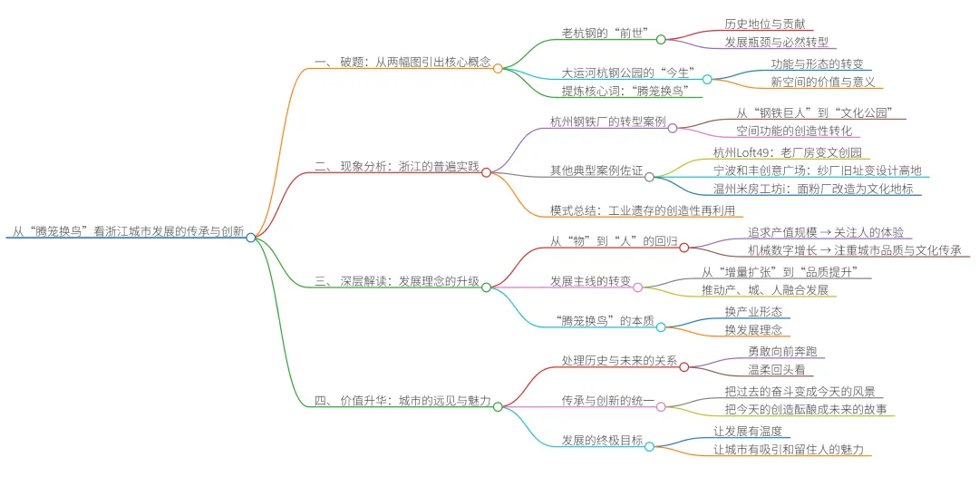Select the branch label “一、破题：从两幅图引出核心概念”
coord(402,63)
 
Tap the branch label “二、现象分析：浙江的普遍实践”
coord(397,168)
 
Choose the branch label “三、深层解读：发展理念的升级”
coord(397,281)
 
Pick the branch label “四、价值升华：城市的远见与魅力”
coord(402,400)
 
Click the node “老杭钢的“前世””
coord(606,34)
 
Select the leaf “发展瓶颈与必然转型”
coord(776,43)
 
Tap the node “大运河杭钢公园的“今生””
coord(628,73)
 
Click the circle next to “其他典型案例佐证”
coord(649,177)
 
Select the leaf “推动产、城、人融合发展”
coord(765,290)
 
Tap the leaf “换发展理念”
coord(753,329)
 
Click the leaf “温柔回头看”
coord(775,370)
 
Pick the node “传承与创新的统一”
coord(608,400)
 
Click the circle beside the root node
coord(250,237)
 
